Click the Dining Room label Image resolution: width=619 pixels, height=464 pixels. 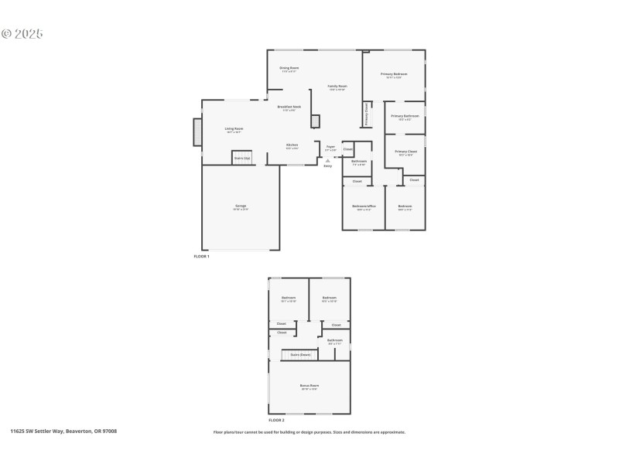click(x=289, y=68)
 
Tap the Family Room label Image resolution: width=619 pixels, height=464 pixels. click(x=337, y=87)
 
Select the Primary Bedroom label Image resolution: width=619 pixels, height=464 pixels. click(x=394, y=75)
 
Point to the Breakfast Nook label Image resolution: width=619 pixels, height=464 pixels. click(x=289, y=107)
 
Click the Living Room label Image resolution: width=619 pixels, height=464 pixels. click(x=234, y=129)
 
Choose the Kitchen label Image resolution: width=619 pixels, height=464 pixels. click(x=292, y=145)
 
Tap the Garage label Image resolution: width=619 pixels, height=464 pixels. click(x=241, y=206)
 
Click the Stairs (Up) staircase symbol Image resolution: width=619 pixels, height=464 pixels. click(x=242, y=157)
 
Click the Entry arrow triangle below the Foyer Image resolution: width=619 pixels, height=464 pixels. click(x=327, y=161)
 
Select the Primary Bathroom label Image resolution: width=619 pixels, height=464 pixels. click(x=405, y=117)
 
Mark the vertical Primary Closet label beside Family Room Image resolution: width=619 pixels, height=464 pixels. click(x=367, y=114)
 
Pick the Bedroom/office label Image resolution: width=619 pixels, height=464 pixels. click(x=361, y=207)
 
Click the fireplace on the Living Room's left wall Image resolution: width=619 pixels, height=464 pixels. click(x=197, y=131)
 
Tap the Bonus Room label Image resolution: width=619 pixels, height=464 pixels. click(x=309, y=386)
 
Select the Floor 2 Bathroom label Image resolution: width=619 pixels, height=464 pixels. click(x=334, y=340)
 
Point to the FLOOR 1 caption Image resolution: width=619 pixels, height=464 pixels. click(x=201, y=256)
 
